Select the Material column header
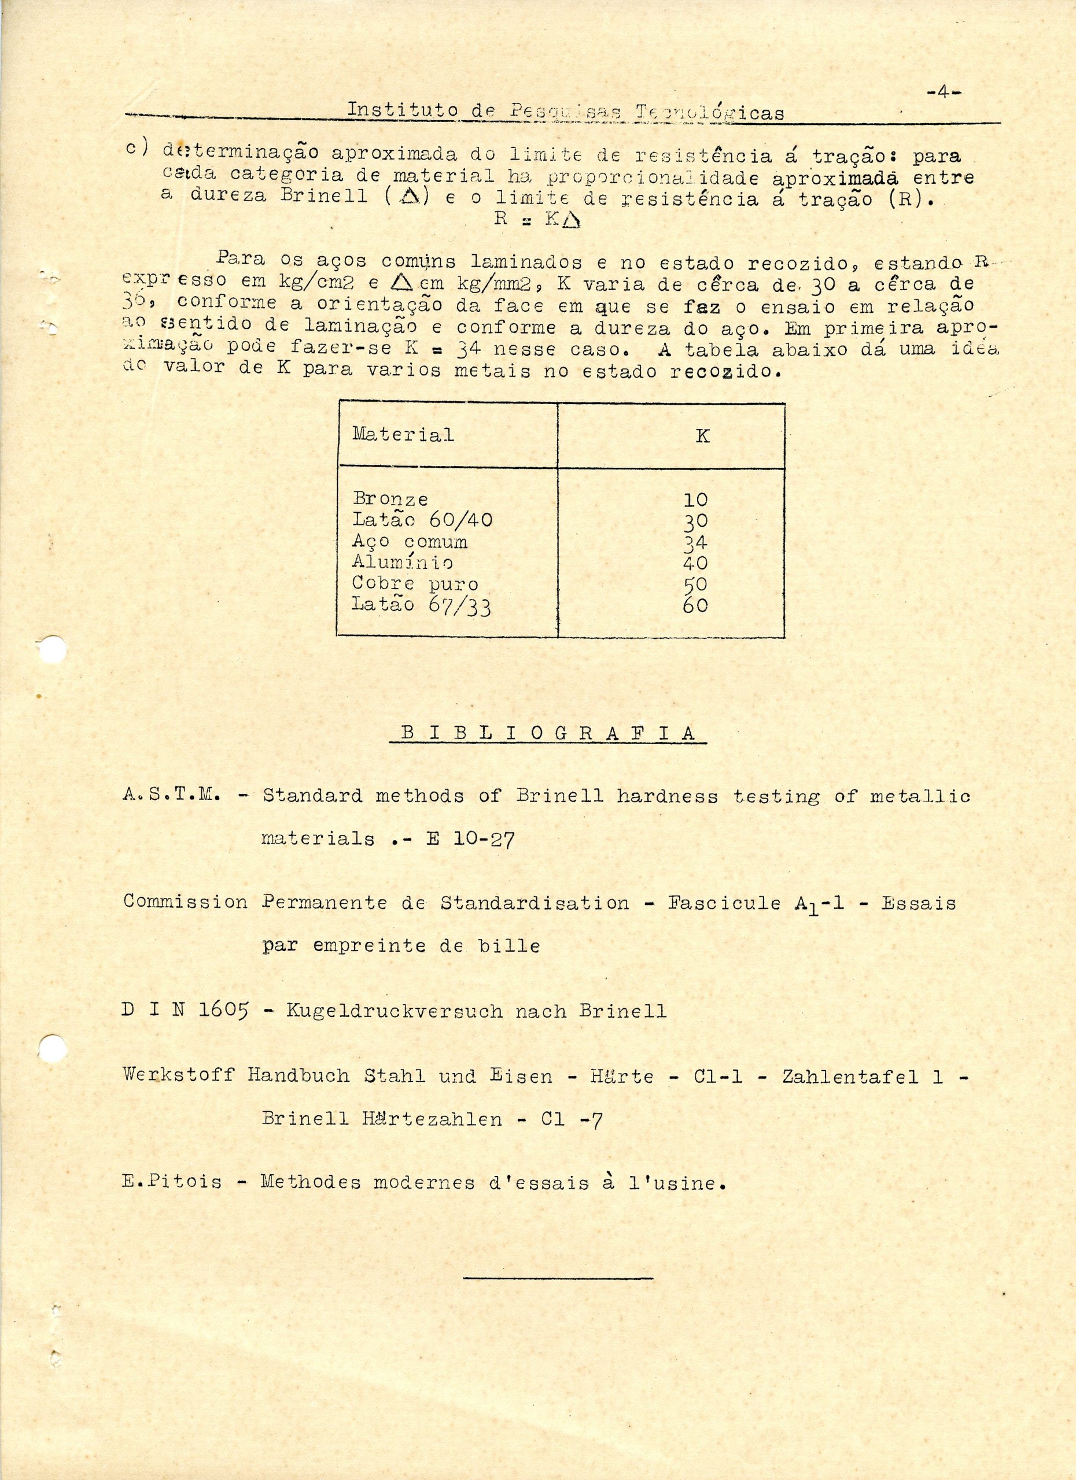click(403, 434)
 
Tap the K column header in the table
click(702, 436)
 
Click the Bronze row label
click(390, 499)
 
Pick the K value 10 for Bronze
click(695, 500)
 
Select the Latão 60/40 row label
click(422, 520)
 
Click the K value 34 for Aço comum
click(695, 542)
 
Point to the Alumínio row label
click(402, 562)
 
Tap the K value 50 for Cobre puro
click(695, 584)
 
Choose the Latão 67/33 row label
click(421, 605)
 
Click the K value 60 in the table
click(695, 605)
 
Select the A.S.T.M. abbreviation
click(174, 796)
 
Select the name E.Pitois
click(172, 1182)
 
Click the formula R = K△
click(537, 219)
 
